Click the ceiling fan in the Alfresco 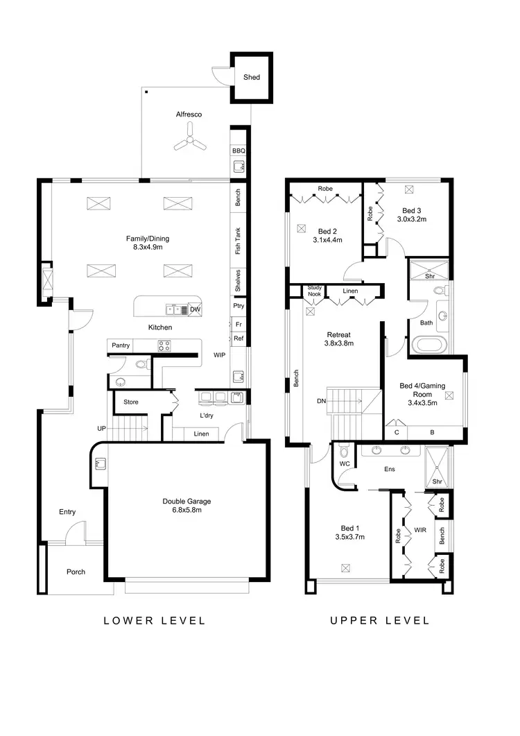pos(189,144)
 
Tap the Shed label pos(251,77)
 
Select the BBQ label pos(239,151)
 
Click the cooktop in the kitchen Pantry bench pos(165,345)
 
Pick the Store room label pos(131,402)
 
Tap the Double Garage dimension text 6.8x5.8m pos(187,510)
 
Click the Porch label pos(76,572)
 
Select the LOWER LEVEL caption pos(155,620)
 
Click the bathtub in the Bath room pos(430,344)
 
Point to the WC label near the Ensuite pos(344,463)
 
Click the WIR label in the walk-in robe pos(419,530)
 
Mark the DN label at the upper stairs pos(320,401)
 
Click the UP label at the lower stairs pos(101,429)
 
